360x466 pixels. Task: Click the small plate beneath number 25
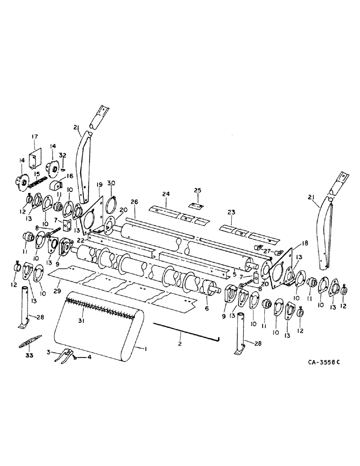coord(197,204)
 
